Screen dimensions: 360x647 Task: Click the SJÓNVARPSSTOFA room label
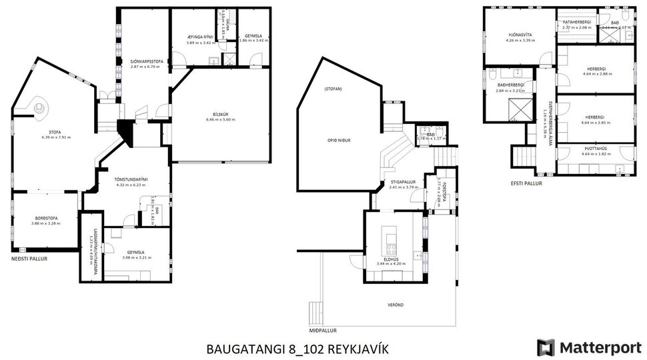147,61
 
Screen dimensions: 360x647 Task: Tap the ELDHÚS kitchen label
390,259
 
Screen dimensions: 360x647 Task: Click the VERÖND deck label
395,305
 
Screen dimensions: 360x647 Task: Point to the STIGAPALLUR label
403,181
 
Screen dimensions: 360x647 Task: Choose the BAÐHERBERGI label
510,85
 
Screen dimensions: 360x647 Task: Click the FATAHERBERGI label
576,22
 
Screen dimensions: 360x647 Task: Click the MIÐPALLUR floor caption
323,330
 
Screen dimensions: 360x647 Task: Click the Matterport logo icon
546,347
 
